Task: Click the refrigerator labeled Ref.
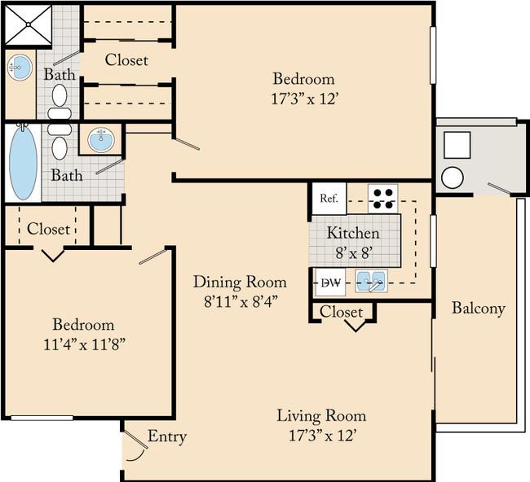329,199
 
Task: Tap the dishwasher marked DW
329,283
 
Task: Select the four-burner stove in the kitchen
383,199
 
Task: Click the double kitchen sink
371,281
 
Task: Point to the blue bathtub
23,163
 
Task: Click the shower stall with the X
29,24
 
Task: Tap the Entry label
167,436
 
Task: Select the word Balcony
479,308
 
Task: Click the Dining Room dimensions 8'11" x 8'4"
241,302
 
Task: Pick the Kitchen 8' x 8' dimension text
354,253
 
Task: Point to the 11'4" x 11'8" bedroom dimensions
85,344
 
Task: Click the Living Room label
321,415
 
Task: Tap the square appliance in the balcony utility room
457,145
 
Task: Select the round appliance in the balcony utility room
453,177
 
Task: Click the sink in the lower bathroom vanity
101,139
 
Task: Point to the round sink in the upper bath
20,68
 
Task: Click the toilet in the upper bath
60,101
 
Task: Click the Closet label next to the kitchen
342,312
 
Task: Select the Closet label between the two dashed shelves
126,60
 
